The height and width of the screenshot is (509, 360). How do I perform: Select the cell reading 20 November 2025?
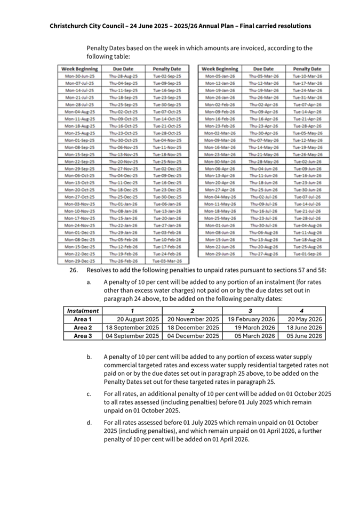click(x=191, y=319)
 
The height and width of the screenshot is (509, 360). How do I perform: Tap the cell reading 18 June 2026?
click(x=305, y=328)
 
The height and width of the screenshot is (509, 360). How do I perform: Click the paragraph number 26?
click(x=74, y=270)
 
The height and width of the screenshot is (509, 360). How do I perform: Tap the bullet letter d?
click(x=89, y=423)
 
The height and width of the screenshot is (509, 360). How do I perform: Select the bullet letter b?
click(x=89, y=357)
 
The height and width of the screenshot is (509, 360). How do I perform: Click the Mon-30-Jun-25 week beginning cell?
click(x=79, y=76)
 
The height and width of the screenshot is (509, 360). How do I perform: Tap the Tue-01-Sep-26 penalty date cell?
click(x=308, y=254)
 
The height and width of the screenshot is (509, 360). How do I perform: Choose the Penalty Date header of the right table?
click(x=308, y=69)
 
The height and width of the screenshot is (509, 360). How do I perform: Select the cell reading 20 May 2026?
click(x=305, y=319)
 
